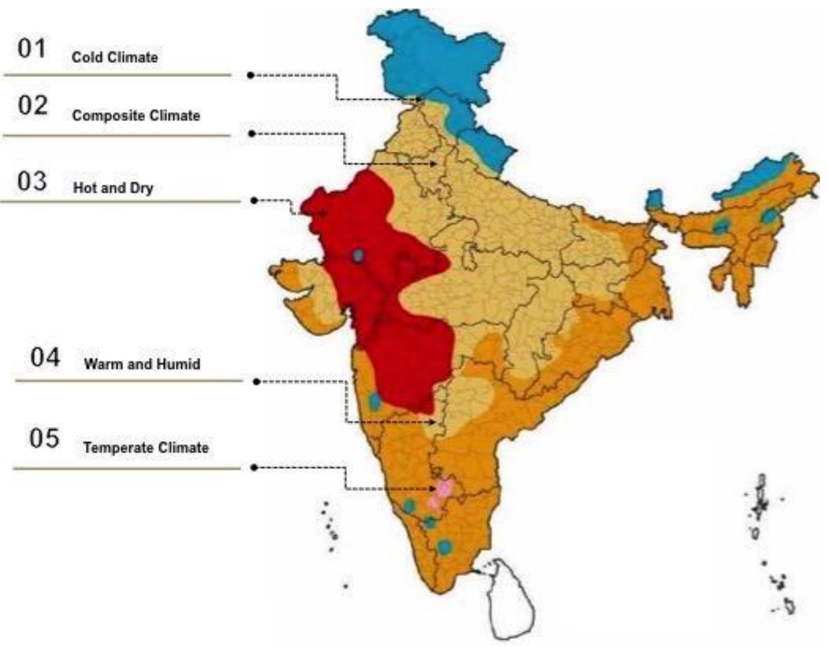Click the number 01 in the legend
[32, 48]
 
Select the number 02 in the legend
[32, 105]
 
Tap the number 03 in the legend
[32, 181]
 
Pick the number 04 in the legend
[46, 358]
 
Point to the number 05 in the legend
[44, 439]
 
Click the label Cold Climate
[115, 58]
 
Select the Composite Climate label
[136, 116]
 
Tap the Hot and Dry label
[113, 188]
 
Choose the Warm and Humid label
[142, 364]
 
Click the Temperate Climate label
[146, 448]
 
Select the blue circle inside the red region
[358, 256]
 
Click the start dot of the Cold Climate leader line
[250, 75]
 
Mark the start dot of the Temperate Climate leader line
[254, 467]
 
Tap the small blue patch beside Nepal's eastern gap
[655, 199]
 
